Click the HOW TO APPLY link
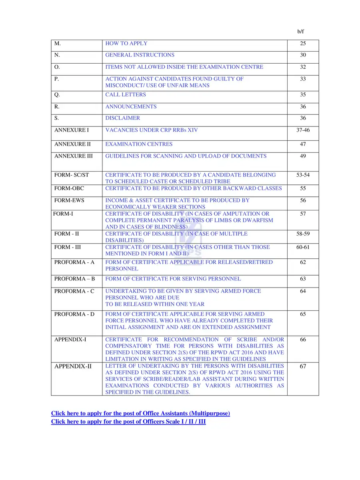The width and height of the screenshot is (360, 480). [x=126, y=43]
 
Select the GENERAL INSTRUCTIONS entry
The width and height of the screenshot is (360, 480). [x=140, y=55]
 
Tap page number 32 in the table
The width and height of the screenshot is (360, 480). [x=303, y=67]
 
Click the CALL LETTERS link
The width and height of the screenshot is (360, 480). [x=126, y=95]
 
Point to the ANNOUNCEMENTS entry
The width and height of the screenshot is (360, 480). [x=131, y=107]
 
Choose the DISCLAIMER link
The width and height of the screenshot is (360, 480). [x=122, y=118]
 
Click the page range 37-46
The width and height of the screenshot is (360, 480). [x=303, y=130]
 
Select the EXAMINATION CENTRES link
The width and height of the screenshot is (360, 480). [x=139, y=144]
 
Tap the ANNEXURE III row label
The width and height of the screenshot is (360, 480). [x=73, y=156]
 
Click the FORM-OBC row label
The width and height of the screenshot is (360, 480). [x=69, y=188]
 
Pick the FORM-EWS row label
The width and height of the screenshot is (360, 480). [x=69, y=200]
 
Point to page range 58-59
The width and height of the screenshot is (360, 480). [x=303, y=234]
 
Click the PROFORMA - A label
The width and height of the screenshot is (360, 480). [x=74, y=262]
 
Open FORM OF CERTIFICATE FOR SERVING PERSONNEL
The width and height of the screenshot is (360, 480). [x=173, y=278]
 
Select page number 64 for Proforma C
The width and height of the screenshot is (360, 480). [x=303, y=291]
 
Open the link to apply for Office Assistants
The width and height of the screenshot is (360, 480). [x=140, y=413]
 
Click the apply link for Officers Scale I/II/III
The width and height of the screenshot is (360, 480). [x=128, y=422]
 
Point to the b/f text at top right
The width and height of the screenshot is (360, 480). [x=301, y=31]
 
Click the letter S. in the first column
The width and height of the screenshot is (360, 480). [x=57, y=118]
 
